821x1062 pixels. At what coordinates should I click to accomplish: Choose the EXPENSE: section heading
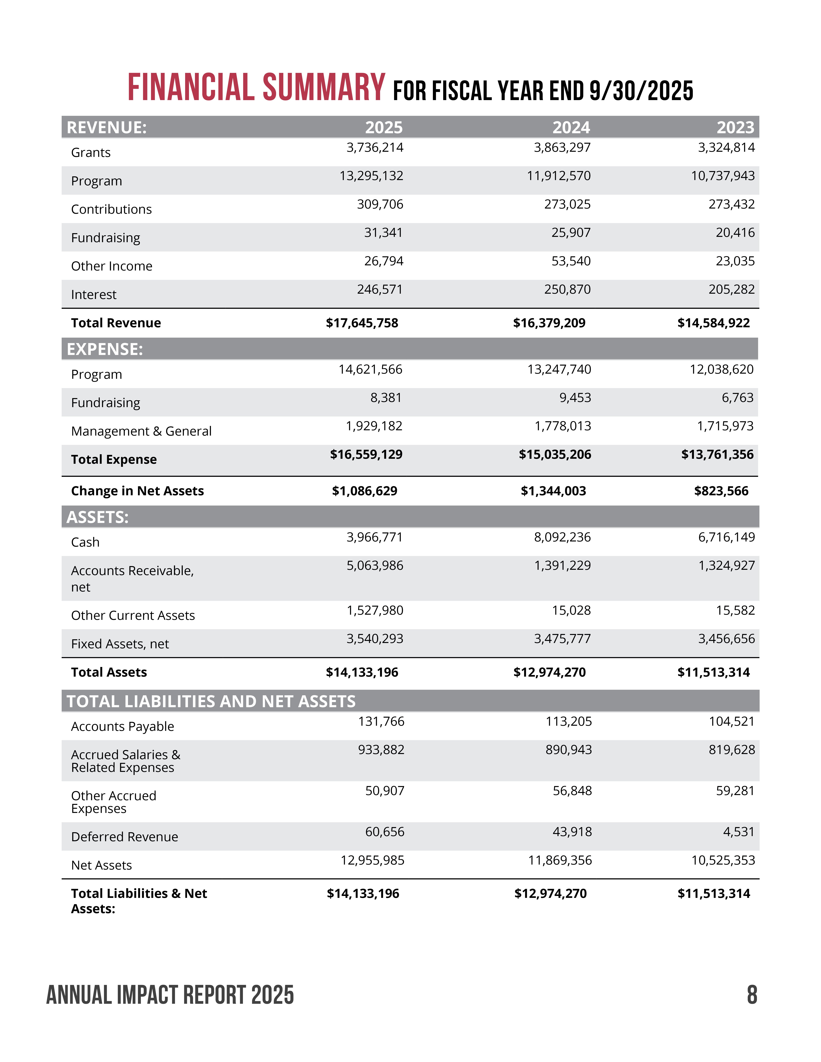(105, 349)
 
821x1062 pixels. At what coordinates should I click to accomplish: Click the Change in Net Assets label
(137, 491)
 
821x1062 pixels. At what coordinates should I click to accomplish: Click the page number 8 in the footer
(752, 995)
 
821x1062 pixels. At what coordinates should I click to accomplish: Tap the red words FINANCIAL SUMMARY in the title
(256, 88)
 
